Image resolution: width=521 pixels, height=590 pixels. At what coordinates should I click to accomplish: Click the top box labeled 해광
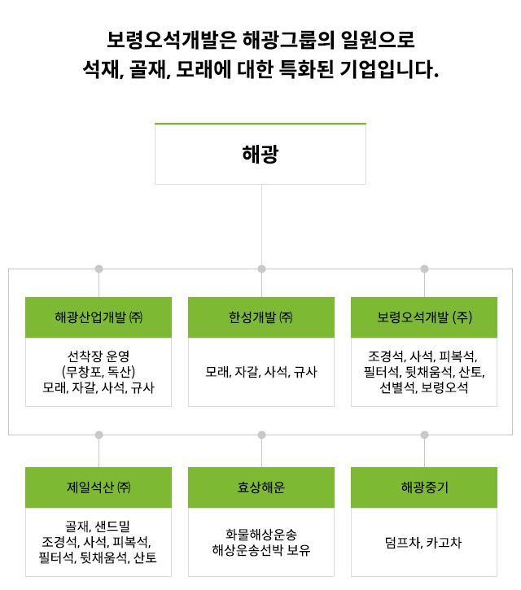click(x=260, y=154)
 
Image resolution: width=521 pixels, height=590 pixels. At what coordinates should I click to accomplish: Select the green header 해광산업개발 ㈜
click(x=99, y=317)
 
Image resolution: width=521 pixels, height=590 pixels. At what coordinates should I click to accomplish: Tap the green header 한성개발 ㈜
click(x=260, y=317)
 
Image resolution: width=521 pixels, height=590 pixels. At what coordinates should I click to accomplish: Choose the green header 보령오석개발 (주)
click(x=424, y=317)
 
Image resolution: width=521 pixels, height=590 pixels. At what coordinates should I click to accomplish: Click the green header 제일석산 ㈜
click(x=99, y=487)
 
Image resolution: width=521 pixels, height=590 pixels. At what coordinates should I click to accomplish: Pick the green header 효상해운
click(x=260, y=487)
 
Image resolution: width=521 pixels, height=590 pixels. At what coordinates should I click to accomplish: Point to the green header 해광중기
click(x=424, y=487)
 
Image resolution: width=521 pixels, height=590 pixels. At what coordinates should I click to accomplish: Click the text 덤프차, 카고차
click(x=423, y=543)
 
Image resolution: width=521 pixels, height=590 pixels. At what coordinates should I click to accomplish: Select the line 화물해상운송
click(x=260, y=535)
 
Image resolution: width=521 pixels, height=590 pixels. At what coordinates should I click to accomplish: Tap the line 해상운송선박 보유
click(x=260, y=550)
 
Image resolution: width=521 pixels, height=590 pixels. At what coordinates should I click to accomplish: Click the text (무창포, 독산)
click(x=99, y=372)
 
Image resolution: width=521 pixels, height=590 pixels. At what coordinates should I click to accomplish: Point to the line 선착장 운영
click(x=99, y=356)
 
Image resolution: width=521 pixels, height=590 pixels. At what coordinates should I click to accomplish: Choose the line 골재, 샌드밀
click(x=98, y=526)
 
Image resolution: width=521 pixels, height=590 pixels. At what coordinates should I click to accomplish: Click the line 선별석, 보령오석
click(x=424, y=387)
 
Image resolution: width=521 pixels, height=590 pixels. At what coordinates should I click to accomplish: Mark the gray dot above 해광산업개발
click(x=99, y=269)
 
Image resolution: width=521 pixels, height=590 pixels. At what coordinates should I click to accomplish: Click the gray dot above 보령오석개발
click(x=425, y=269)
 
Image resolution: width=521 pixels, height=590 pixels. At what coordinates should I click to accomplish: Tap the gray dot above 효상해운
click(x=261, y=435)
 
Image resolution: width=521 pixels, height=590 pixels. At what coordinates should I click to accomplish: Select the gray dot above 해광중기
click(x=425, y=435)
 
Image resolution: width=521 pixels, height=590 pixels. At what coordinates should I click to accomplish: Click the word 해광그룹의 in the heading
click(x=288, y=40)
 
